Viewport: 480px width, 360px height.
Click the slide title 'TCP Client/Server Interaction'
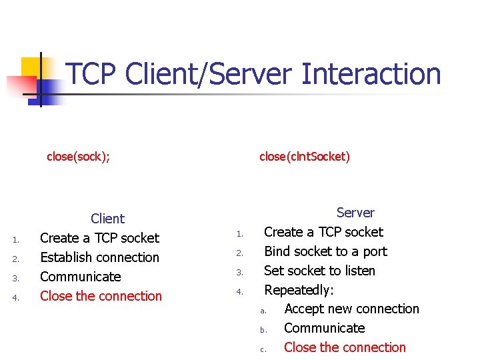pos(253,73)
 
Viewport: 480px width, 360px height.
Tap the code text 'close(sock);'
pos(78,157)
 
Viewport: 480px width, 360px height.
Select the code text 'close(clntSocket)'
pos(304,157)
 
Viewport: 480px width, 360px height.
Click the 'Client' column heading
pos(107,219)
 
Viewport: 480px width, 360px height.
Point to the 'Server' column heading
pos(355,213)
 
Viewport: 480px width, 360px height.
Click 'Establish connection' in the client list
pos(99,257)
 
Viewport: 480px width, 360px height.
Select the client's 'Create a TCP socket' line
pos(99,238)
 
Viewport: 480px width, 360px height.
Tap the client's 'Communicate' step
pos(80,277)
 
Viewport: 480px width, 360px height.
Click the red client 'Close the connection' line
pos(101,296)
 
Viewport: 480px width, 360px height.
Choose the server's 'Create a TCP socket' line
pos(323,232)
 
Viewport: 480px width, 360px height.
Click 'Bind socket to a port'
pos(325,251)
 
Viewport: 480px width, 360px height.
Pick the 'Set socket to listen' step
pos(319,271)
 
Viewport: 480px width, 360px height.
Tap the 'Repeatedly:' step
pos(299,290)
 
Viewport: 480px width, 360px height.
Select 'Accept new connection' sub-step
pos(351,309)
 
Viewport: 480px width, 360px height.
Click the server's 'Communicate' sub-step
pos(324,328)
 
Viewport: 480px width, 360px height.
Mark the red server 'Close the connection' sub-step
pos(345,347)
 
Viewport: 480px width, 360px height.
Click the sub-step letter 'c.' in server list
pos(263,349)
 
